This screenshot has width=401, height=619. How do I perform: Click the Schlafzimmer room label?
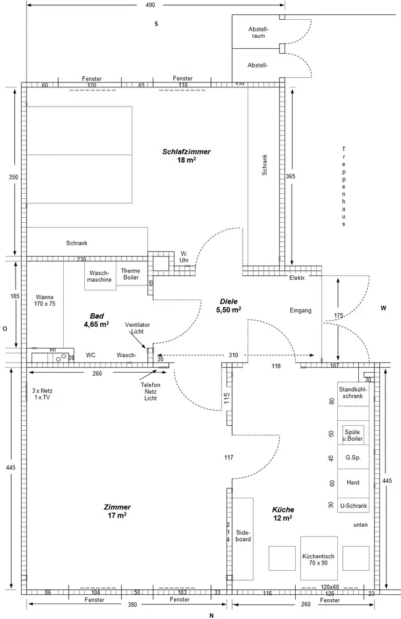[x=186, y=155]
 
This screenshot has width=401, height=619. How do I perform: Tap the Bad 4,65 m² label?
[x=97, y=319]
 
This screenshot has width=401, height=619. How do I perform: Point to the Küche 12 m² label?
[x=283, y=513]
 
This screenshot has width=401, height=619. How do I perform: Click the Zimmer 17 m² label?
[x=117, y=511]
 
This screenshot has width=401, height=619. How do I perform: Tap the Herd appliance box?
[x=353, y=482]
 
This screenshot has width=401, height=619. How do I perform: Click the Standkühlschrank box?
[x=353, y=392]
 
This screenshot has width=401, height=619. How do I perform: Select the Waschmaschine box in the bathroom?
[x=100, y=276]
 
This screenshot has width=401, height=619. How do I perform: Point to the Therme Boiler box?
[x=131, y=275]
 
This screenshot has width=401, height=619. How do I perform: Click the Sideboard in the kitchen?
[x=243, y=536]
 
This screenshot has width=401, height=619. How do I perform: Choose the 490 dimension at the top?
[x=150, y=5]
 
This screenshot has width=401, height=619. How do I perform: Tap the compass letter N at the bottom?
[x=211, y=615]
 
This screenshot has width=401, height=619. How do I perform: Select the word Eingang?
[x=300, y=310]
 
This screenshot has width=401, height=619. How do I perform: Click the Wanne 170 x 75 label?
[x=45, y=300]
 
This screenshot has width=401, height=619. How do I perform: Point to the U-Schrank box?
[x=353, y=506]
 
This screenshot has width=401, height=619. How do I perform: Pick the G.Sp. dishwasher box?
[x=353, y=458]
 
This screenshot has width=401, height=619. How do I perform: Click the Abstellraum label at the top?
[x=258, y=32]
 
